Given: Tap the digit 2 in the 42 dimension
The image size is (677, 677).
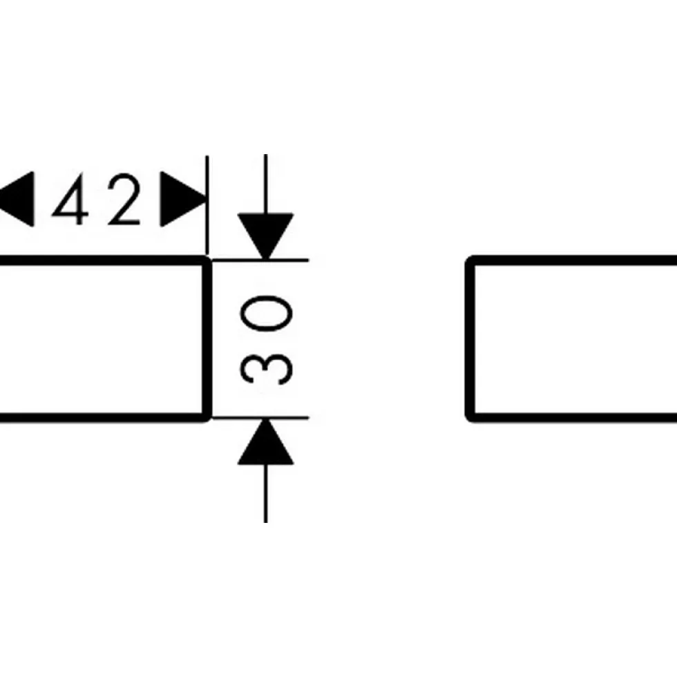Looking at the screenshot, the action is pyautogui.click(x=124, y=199).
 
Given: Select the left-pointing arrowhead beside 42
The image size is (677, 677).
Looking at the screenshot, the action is pyautogui.click(x=17, y=199).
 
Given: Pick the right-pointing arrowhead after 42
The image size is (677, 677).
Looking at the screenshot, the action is pyautogui.click(x=183, y=199).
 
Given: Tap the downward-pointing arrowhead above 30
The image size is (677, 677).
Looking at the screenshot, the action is pyautogui.click(x=265, y=236).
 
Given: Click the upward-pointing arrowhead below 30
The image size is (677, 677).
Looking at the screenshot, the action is pyautogui.click(x=265, y=441).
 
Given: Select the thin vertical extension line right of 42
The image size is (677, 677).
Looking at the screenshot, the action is pyautogui.click(x=207, y=205).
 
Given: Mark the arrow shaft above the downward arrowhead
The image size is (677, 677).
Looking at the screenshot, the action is pyautogui.click(x=265, y=184).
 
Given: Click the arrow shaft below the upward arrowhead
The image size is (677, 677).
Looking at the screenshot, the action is pyautogui.click(x=265, y=493).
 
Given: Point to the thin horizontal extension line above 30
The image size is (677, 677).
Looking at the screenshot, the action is pyautogui.click(x=260, y=260).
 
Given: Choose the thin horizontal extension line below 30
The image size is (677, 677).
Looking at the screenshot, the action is pyautogui.click(x=260, y=418).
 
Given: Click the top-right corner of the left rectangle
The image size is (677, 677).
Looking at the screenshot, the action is pyautogui.click(x=208, y=260).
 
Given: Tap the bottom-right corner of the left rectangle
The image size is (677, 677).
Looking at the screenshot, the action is pyautogui.click(x=208, y=417).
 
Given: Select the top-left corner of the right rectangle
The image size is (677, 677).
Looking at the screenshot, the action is pyautogui.click(x=470, y=260).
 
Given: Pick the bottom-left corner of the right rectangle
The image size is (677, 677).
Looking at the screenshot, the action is pyautogui.click(x=470, y=417).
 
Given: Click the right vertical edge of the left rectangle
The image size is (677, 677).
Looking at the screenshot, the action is pyautogui.click(x=208, y=339).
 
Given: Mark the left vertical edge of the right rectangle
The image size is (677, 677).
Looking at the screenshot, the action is pyautogui.click(x=470, y=339).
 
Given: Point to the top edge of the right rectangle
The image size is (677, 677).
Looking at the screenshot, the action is pyautogui.click(x=574, y=260).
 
